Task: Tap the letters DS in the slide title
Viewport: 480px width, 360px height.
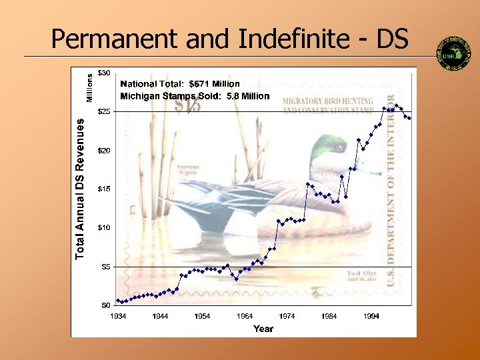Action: [x=392, y=40]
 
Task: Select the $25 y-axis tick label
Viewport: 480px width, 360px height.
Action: [x=104, y=112]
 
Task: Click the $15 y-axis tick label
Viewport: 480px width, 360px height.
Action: [x=104, y=189]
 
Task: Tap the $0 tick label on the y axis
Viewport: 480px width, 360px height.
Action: [x=106, y=305]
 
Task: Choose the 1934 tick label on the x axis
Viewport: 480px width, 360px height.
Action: [x=117, y=316]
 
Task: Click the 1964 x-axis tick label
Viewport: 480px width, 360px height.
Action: [x=245, y=316]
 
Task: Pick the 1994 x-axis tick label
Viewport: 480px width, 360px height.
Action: [x=371, y=316]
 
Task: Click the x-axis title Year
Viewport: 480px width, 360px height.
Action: [x=263, y=328]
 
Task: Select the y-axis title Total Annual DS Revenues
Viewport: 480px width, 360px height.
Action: [x=81, y=189]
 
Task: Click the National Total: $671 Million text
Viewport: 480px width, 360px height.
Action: [x=179, y=84]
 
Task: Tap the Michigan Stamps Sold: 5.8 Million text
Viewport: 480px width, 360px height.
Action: [x=195, y=96]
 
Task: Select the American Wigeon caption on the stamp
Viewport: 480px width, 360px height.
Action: [x=187, y=169]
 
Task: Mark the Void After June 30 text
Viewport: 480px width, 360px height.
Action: [x=362, y=276]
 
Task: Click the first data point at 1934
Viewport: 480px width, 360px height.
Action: [x=118, y=300]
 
